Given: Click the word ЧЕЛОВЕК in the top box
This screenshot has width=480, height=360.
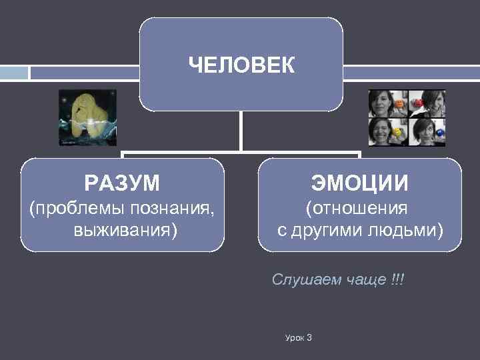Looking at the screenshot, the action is [241, 65].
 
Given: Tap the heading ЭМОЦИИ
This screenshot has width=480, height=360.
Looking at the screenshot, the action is [359, 181].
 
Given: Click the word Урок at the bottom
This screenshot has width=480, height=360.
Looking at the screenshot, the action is [293, 338].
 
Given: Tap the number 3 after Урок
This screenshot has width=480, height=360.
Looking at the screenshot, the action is [309, 338].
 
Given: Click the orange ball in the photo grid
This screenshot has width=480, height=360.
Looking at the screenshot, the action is [399, 104].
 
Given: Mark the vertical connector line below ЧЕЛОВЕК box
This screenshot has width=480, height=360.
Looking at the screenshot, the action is [241, 130].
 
